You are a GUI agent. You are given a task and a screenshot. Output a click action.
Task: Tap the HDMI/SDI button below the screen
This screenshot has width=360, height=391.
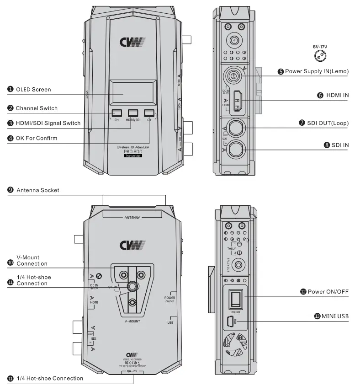click(x=133, y=113)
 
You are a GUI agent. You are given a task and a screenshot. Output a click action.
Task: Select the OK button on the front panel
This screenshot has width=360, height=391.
click(x=149, y=113)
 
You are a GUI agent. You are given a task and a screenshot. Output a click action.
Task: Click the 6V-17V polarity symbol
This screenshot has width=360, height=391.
click(x=319, y=56)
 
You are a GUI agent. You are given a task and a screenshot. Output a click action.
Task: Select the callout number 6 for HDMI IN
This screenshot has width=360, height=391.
click(x=321, y=95)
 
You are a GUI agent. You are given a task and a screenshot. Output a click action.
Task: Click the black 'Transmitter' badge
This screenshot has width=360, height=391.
click(x=133, y=156)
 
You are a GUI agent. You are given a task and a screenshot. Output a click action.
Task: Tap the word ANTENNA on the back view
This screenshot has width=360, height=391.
click(x=132, y=218)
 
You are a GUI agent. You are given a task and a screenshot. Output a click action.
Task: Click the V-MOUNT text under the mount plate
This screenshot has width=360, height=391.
click(x=132, y=322)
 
